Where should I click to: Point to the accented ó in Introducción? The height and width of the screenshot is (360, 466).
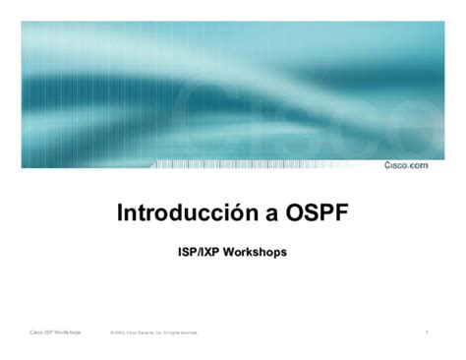(x=224, y=213)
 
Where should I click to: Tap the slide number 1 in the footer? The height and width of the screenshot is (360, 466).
(x=428, y=332)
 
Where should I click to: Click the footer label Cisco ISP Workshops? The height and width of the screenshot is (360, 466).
(x=55, y=332)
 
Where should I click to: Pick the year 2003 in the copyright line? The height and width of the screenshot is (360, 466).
(x=123, y=333)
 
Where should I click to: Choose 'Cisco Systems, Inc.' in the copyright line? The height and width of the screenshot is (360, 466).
(x=146, y=333)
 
